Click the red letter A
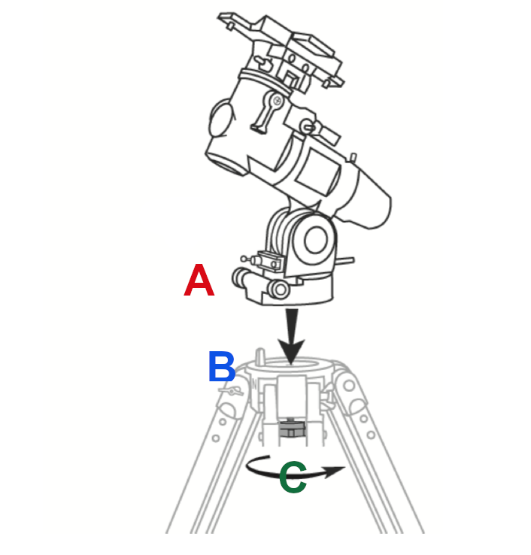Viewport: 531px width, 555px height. point(199,282)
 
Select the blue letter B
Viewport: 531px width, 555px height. point(223,368)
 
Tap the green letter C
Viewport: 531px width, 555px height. point(293,478)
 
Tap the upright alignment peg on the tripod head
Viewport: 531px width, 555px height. point(260,355)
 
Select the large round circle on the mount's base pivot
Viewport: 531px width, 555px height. point(316,240)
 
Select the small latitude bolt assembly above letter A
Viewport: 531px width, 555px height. point(268,259)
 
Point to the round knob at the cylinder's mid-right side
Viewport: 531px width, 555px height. point(308,125)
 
